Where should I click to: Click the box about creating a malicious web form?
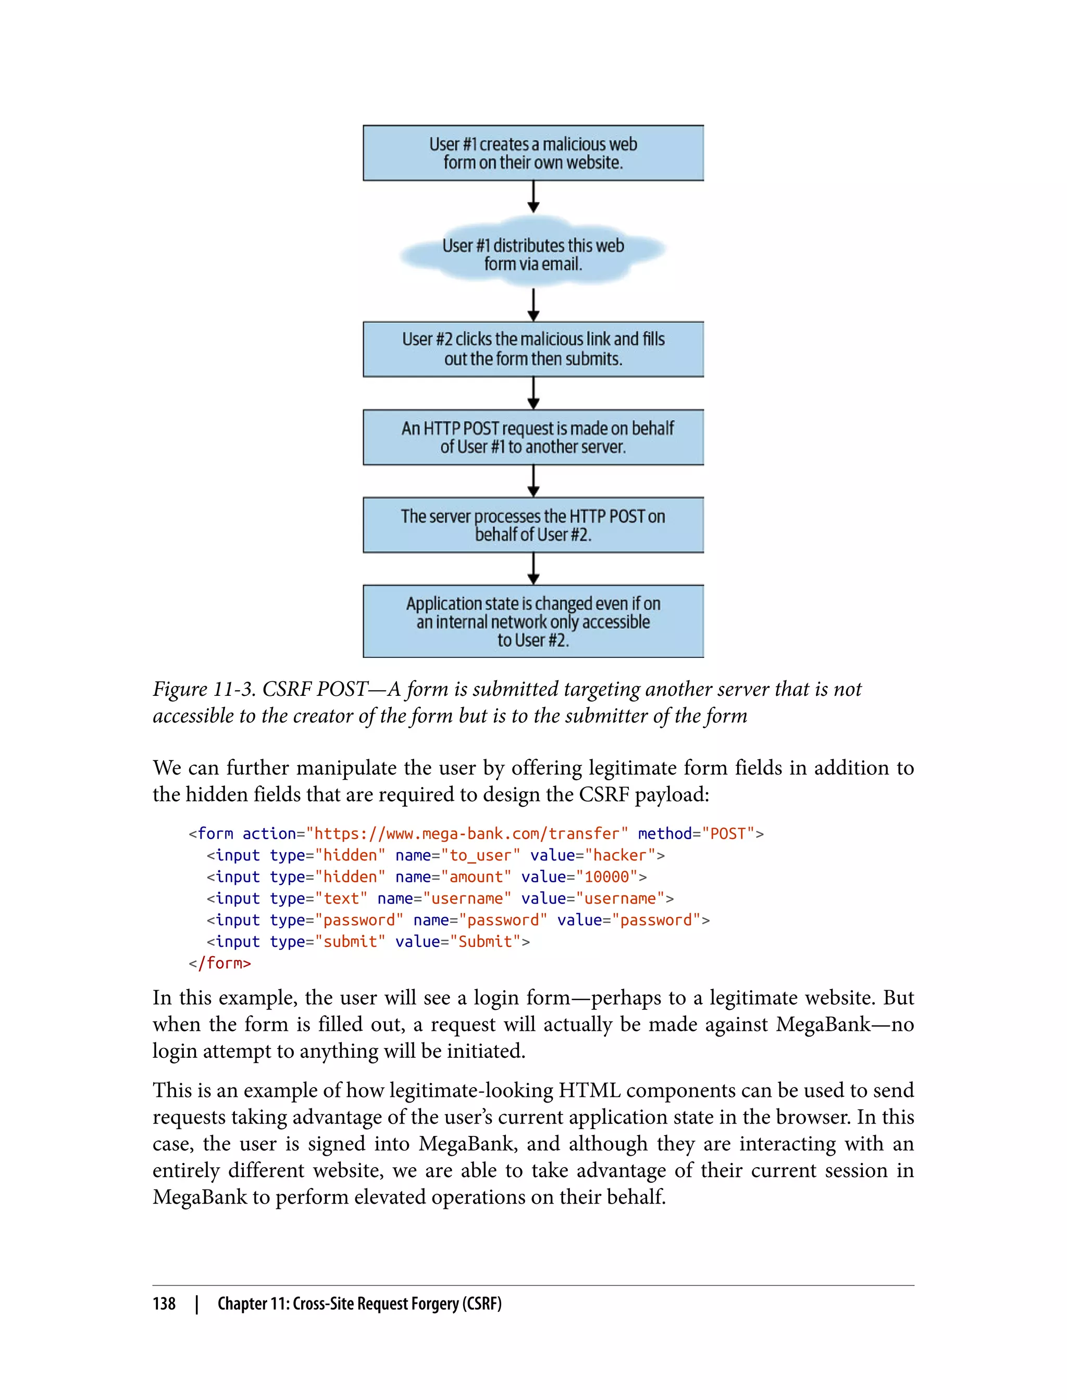coord(533,153)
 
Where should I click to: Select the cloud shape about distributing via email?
coord(533,254)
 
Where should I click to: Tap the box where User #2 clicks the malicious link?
coord(533,348)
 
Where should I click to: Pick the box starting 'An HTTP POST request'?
coord(533,437)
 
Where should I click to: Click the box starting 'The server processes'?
coord(533,524)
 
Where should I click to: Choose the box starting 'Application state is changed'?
coord(533,621)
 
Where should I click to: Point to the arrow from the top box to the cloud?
coord(533,196)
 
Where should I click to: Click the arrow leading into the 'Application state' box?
coord(533,568)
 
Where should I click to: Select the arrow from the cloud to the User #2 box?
coord(533,305)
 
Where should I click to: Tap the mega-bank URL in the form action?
coord(467,834)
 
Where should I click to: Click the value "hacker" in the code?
coord(619,855)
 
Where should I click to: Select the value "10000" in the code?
coord(606,877)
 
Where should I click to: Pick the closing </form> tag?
coord(220,963)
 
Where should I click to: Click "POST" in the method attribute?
coord(728,834)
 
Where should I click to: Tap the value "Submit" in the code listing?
coord(485,942)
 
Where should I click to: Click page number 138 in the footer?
coord(164,1304)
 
